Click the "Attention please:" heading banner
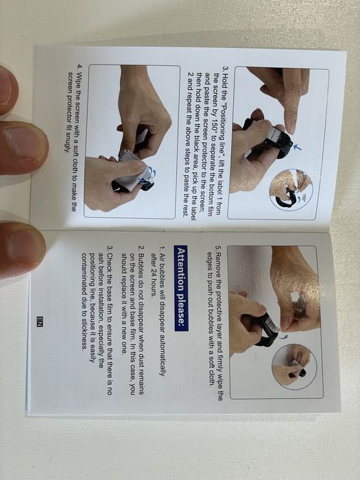[x=181, y=288]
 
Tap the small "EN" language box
[x=40, y=322]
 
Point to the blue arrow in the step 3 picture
[x=297, y=147]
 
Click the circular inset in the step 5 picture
[x=291, y=367]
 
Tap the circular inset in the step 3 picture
[x=291, y=190]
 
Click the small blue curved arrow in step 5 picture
[x=285, y=337]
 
